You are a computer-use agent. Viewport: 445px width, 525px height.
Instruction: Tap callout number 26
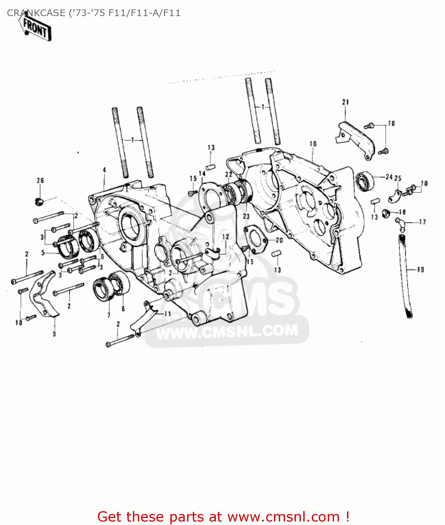40,181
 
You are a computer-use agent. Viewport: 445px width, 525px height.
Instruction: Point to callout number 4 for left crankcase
104,170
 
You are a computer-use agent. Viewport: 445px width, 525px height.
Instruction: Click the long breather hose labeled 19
406,276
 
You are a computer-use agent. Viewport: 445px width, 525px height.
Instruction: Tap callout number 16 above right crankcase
313,143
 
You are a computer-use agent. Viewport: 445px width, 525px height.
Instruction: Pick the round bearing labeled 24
364,181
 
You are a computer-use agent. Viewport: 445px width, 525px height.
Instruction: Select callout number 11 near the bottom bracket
168,314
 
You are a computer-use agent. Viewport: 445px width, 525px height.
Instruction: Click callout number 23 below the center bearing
246,216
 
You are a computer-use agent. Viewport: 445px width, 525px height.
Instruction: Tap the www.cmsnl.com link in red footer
283,517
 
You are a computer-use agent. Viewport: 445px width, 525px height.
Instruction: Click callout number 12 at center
225,237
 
